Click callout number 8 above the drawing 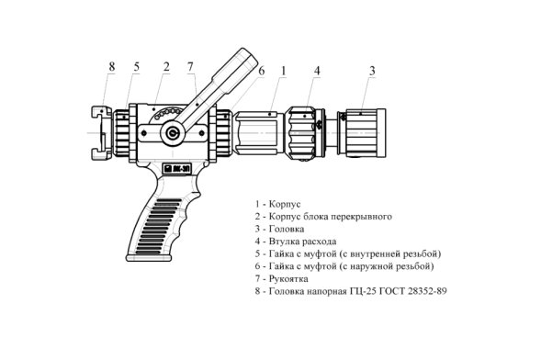tap(111, 66)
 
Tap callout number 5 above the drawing tap(137, 67)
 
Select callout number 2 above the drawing tap(166, 67)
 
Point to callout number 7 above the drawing tap(190, 67)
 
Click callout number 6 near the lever tap(262, 71)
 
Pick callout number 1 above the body tap(284, 71)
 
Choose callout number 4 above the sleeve tap(317, 71)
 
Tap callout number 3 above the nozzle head tap(372, 71)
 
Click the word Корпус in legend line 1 tap(285, 204)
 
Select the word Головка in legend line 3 tap(287, 229)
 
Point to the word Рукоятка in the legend tap(288, 278)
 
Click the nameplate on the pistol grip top tap(177, 168)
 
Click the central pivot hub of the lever tap(172, 133)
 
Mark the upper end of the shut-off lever tap(247, 55)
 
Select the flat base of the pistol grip tap(149, 257)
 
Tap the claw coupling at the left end tap(101, 133)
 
